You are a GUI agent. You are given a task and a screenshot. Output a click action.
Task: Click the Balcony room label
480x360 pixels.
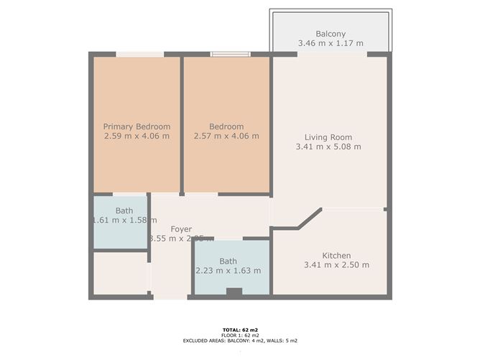tap(331, 34)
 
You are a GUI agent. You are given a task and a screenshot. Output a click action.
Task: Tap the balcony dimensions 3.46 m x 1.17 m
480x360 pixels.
tap(331, 44)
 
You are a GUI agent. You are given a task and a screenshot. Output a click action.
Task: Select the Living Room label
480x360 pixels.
tap(328, 137)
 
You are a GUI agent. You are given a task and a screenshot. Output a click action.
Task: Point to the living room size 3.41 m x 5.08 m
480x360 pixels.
tap(328, 147)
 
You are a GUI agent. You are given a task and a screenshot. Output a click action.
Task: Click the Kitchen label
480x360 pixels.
tap(336, 255)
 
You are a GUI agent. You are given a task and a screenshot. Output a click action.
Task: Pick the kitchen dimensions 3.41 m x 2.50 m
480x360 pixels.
tap(336, 265)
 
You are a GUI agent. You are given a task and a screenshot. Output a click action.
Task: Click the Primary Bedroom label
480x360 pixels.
tap(137, 126)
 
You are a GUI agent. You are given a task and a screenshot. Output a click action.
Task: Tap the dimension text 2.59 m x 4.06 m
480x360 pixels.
tap(137, 136)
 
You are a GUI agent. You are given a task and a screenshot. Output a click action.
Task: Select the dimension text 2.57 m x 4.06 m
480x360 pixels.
tap(226, 136)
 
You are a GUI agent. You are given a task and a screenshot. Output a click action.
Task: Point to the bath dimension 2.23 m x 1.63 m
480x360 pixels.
tap(229, 271)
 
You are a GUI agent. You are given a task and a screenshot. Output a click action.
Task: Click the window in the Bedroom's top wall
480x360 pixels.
tap(230, 53)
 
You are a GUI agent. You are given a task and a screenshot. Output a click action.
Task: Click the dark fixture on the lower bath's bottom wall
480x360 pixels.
tap(234, 292)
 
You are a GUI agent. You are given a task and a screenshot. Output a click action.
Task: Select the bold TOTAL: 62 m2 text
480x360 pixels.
tap(240, 329)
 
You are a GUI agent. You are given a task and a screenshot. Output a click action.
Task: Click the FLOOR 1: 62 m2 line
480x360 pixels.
tap(240, 335)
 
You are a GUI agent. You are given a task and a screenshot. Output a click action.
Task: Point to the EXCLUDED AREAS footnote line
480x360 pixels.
tap(240, 341)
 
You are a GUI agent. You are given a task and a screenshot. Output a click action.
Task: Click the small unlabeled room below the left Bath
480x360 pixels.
tap(120, 273)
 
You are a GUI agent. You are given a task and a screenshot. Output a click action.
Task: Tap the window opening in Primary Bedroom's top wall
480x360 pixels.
tap(140, 53)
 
